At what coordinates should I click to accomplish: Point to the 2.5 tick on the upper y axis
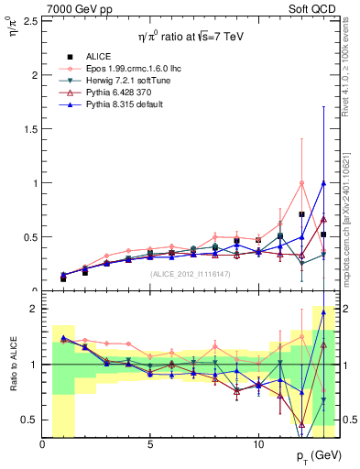pyautogui.click(x=29, y=20)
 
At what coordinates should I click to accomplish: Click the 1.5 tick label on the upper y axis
pyautogui.click(x=29, y=128)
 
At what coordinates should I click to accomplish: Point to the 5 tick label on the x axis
pyautogui.click(x=150, y=444)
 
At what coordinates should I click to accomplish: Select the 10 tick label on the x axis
pyautogui.click(x=258, y=444)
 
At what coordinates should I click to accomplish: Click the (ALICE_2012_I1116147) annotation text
pyautogui.click(x=191, y=273)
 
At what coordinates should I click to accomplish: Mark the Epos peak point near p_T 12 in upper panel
pyautogui.click(x=301, y=183)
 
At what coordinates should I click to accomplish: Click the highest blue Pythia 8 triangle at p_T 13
pyautogui.click(x=323, y=182)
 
